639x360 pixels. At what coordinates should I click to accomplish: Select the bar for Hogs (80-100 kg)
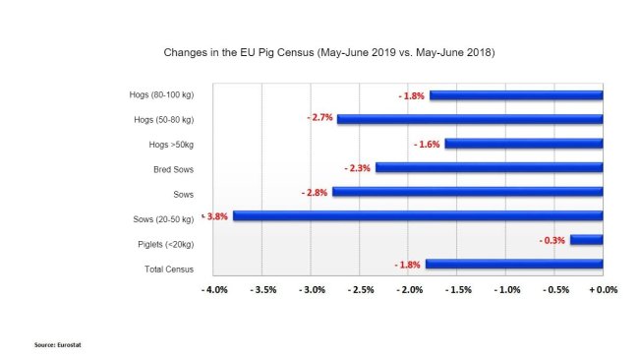[x=515, y=95]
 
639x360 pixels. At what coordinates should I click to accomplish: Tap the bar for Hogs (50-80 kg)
[x=469, y=119]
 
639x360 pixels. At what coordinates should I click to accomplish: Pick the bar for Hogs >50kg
[x=523, y=144]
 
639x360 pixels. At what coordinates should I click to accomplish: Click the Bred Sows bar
[x=489, y=167]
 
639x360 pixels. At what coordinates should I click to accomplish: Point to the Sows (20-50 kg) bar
[x=417, y=215]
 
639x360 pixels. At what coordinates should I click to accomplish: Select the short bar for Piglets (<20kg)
[x=586, y=239]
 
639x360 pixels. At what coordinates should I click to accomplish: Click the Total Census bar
[x=513, y=264]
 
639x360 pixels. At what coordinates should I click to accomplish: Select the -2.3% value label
[x=358, y=168]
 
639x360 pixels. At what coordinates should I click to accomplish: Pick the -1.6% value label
[x=427, y=144]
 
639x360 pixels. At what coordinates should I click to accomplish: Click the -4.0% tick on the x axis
[x=214, y=291]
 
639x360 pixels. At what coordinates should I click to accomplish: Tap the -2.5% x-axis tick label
[x=360, y=291]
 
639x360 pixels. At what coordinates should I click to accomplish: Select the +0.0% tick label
[x=604, y=291]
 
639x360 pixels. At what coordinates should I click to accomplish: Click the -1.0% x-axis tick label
[x=506, y=291]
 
